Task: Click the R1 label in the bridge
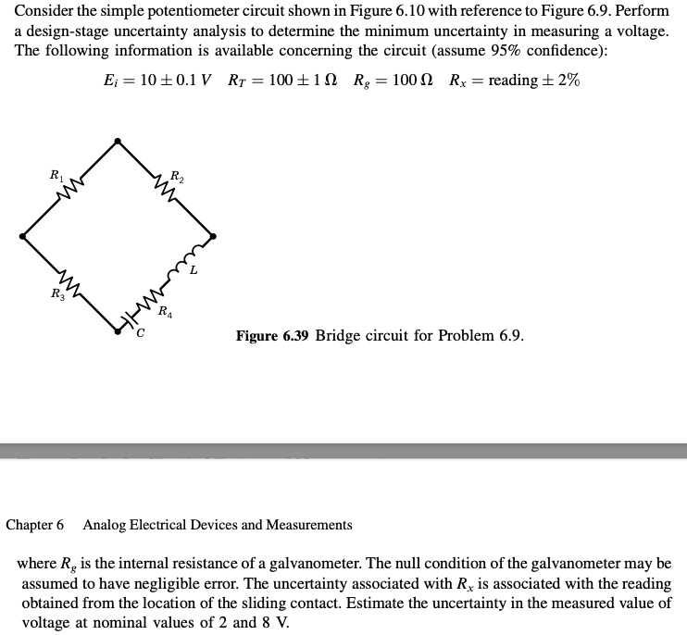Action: (56, 173)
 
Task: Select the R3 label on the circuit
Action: (56, 294)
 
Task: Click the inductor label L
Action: (193, 271)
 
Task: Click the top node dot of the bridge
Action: (117, 141)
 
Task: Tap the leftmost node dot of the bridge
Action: (23, 237)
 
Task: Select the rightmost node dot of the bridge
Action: (214, 236)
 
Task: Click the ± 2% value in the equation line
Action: (560, 80)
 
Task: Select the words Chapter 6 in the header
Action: (35, 525)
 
